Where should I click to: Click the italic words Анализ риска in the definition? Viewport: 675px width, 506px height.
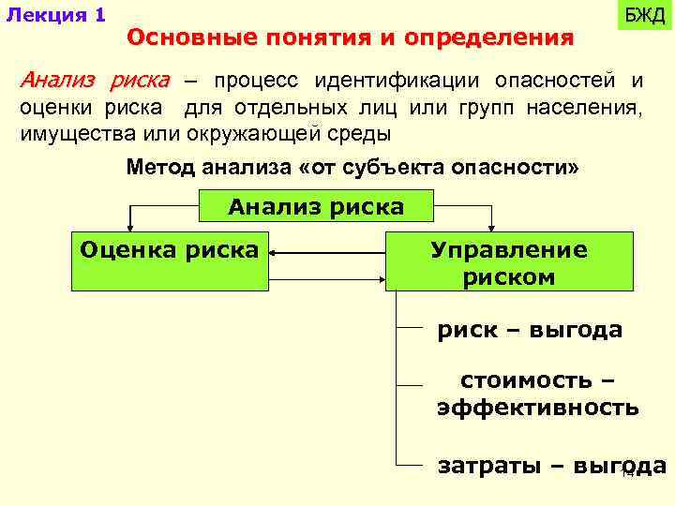tap(96, 79)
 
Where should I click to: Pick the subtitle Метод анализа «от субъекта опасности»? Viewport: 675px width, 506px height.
tap(353, 168)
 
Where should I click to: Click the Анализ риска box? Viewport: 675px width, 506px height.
tap(316, 206)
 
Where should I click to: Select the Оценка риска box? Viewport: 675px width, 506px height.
tap(169, 250)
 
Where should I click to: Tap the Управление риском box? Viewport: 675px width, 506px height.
tap(508, 263)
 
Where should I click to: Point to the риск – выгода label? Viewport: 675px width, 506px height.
tap(530, 330)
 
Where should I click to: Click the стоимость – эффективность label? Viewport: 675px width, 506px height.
tap(537, 394)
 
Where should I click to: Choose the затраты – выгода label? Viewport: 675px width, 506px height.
tap(551, 467)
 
